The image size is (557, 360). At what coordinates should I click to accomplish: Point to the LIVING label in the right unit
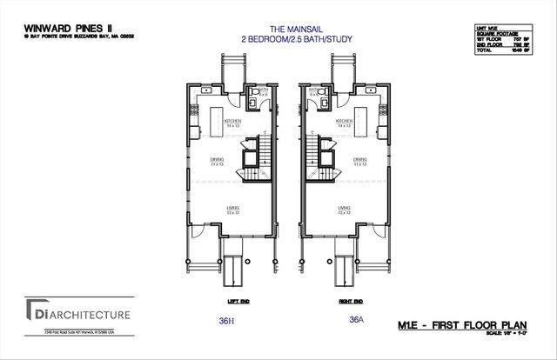(345, 209)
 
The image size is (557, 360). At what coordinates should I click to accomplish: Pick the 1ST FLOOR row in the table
(508, 41)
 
